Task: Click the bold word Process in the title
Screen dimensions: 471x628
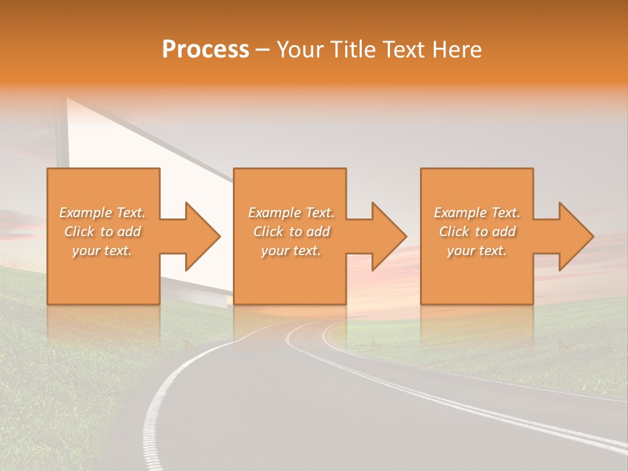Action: click(205, 50)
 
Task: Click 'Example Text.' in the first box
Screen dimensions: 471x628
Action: click(102, 213)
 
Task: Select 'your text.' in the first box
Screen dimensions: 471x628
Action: click(102, 251)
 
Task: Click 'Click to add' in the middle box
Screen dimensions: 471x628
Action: click(291, 232)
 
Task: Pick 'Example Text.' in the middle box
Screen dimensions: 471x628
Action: click(291, 213)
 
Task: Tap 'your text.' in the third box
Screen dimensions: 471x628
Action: click(477, 251)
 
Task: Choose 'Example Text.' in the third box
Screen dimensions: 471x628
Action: click(477, 213)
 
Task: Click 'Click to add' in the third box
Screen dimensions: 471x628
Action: click(477, 232)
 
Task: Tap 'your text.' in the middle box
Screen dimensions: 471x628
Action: click(291, 251)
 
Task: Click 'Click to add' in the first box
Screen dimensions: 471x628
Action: click(102, 232)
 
